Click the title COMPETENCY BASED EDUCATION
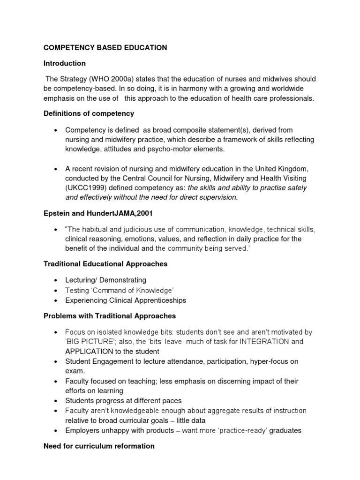coord(105,47)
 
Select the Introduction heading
coord(65,63)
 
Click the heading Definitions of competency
coord(89,113)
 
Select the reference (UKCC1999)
coord(86,188)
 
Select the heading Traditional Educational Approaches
coord(105,264)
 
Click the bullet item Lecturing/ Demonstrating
coord(105,280)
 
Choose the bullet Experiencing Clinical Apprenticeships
coord(126,300)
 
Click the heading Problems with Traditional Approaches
coord(110,316)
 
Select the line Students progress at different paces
coord(123,401)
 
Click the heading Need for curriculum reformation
coord(99,446)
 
